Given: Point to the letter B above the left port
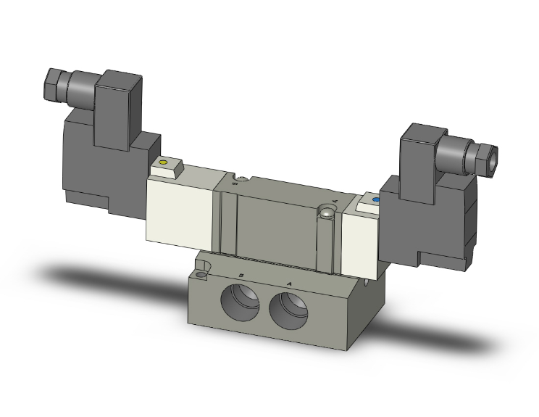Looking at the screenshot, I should (241, 275).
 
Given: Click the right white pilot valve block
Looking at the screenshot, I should (360, 232).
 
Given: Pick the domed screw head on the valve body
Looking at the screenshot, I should (327, 212).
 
